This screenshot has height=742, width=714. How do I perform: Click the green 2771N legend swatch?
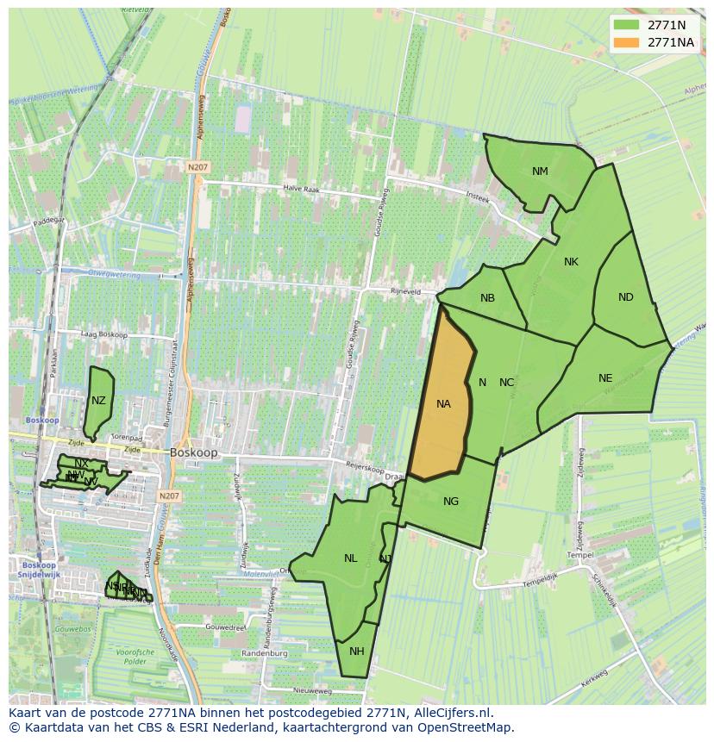point(627,25)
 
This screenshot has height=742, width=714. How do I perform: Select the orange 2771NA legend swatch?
point(627,42)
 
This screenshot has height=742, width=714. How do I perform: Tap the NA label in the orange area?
point(443,403)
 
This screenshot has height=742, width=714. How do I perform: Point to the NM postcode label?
point(540,171)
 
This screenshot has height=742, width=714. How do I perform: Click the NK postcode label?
point(571,262)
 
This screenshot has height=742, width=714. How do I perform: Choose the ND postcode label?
point(626,297)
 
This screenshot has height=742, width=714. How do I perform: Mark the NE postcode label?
point(605,377)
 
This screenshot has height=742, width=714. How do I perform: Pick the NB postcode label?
point(487,298)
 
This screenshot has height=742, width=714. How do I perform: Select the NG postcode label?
point(451,502)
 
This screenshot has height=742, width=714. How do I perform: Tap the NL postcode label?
point(350,558)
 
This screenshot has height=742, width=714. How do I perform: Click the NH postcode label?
point(357,651)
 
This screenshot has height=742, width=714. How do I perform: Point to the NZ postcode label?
point(98,401)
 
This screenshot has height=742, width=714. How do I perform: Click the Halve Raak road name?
point(302,188)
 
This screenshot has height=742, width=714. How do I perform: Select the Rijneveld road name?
point(405,292)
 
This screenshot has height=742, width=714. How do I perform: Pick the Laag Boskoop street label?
point(103,334)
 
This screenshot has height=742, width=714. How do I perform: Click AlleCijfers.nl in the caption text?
point(451,713)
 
